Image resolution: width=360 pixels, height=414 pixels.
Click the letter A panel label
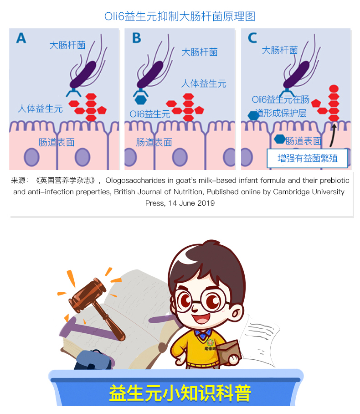[21, 38]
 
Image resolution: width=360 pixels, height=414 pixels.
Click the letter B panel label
[136, 38]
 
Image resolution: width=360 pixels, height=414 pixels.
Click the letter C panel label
[252, 38]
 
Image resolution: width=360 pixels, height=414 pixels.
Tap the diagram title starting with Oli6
[180, 16]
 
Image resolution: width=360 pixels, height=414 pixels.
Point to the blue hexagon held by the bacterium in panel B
[140, 99]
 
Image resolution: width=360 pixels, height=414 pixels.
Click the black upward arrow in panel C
[333, 135]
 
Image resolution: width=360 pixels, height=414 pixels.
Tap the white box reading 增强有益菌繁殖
[307, 158]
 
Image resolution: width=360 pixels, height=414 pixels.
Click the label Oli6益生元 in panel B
[149, 114]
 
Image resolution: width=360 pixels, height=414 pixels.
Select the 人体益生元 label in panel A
[40, 109]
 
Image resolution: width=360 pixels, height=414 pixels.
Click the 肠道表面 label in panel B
[154, 142]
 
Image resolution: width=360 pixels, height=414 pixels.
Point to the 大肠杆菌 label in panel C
[279, 50]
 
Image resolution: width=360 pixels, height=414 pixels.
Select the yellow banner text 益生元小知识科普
[180, 393]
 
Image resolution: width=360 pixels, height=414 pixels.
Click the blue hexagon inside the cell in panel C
[280, 139]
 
